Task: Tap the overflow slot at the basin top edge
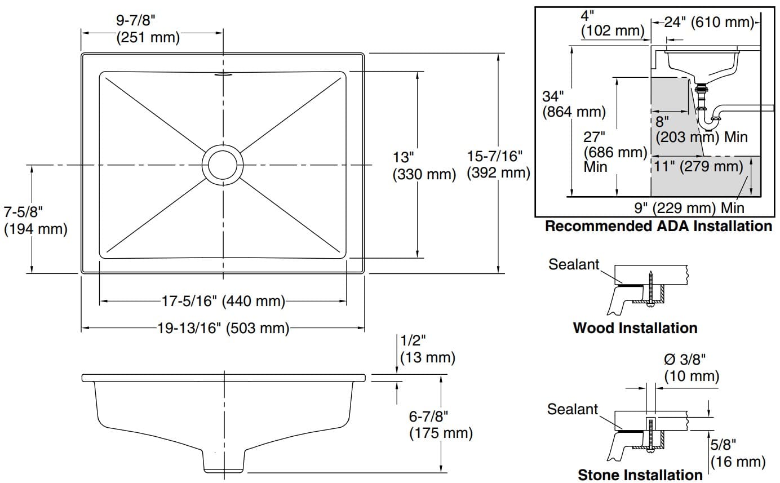click(224, 73)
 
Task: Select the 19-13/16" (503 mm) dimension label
click(224, 329)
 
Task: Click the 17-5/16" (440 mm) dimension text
click(223, 302)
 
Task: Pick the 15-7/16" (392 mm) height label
click(498, 164)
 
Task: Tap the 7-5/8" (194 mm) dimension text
click(35, 220)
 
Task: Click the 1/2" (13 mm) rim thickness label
click(427, 349)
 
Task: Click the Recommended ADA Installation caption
click(658, 227)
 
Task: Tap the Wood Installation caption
click(635, 328)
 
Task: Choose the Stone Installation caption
click(640, 475)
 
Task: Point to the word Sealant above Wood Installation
click(574, 264)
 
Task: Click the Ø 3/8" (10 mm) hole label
click(691, 367)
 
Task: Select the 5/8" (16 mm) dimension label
click(737, 454)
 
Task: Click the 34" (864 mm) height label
click(574, 104)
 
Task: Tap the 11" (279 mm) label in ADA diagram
click(699, 166)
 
